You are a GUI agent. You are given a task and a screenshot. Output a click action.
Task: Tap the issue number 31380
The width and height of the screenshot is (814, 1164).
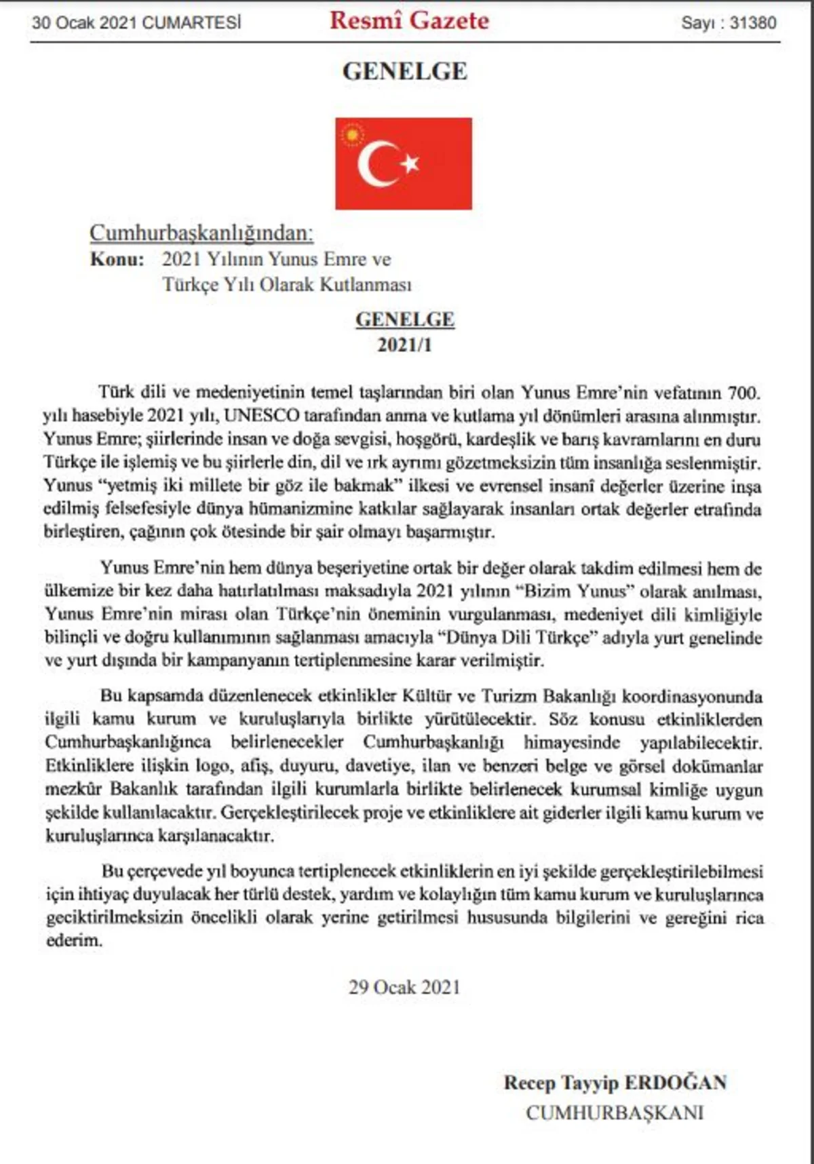(x=753, y=22)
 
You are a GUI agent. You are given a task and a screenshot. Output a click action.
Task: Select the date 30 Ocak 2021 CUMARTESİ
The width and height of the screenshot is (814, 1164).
(x=136, y=22)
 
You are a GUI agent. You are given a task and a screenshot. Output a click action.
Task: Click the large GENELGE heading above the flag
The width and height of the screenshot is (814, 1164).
(x=405, y=71)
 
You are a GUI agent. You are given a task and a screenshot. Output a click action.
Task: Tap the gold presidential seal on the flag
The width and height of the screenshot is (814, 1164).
(x=352, y=134)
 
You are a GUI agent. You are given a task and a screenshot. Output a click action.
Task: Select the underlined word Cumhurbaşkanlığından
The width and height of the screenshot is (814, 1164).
(x=201, y=233)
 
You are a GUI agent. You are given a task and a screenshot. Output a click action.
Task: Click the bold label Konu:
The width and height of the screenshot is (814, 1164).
(x=117, y=259)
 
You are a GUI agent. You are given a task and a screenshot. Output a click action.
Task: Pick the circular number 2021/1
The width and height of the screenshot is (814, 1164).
(x=405, y=345)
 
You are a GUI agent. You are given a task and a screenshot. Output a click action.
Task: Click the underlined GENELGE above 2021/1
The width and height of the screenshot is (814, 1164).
(x=405, y=319)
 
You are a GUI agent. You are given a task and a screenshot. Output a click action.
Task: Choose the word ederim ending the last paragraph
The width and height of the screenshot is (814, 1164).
(x=73, y=941)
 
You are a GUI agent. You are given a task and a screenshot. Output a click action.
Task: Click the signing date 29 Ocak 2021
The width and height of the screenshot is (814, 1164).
(x=404, y=987)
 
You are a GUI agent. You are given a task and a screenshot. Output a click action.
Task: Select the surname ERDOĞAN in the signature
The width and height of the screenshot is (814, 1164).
(x=675, y=1082)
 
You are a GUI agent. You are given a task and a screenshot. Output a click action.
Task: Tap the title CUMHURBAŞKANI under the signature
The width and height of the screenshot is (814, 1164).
(x=615, y=1112)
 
